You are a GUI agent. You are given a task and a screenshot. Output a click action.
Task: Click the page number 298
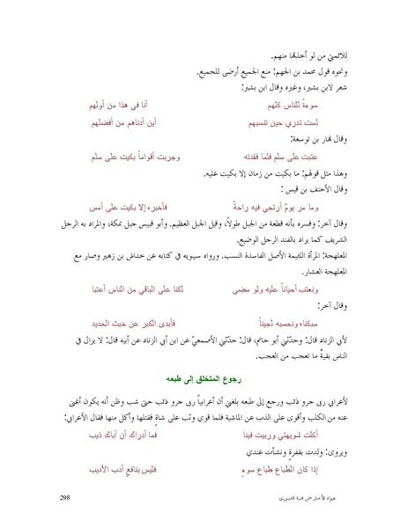click(63, 499)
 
